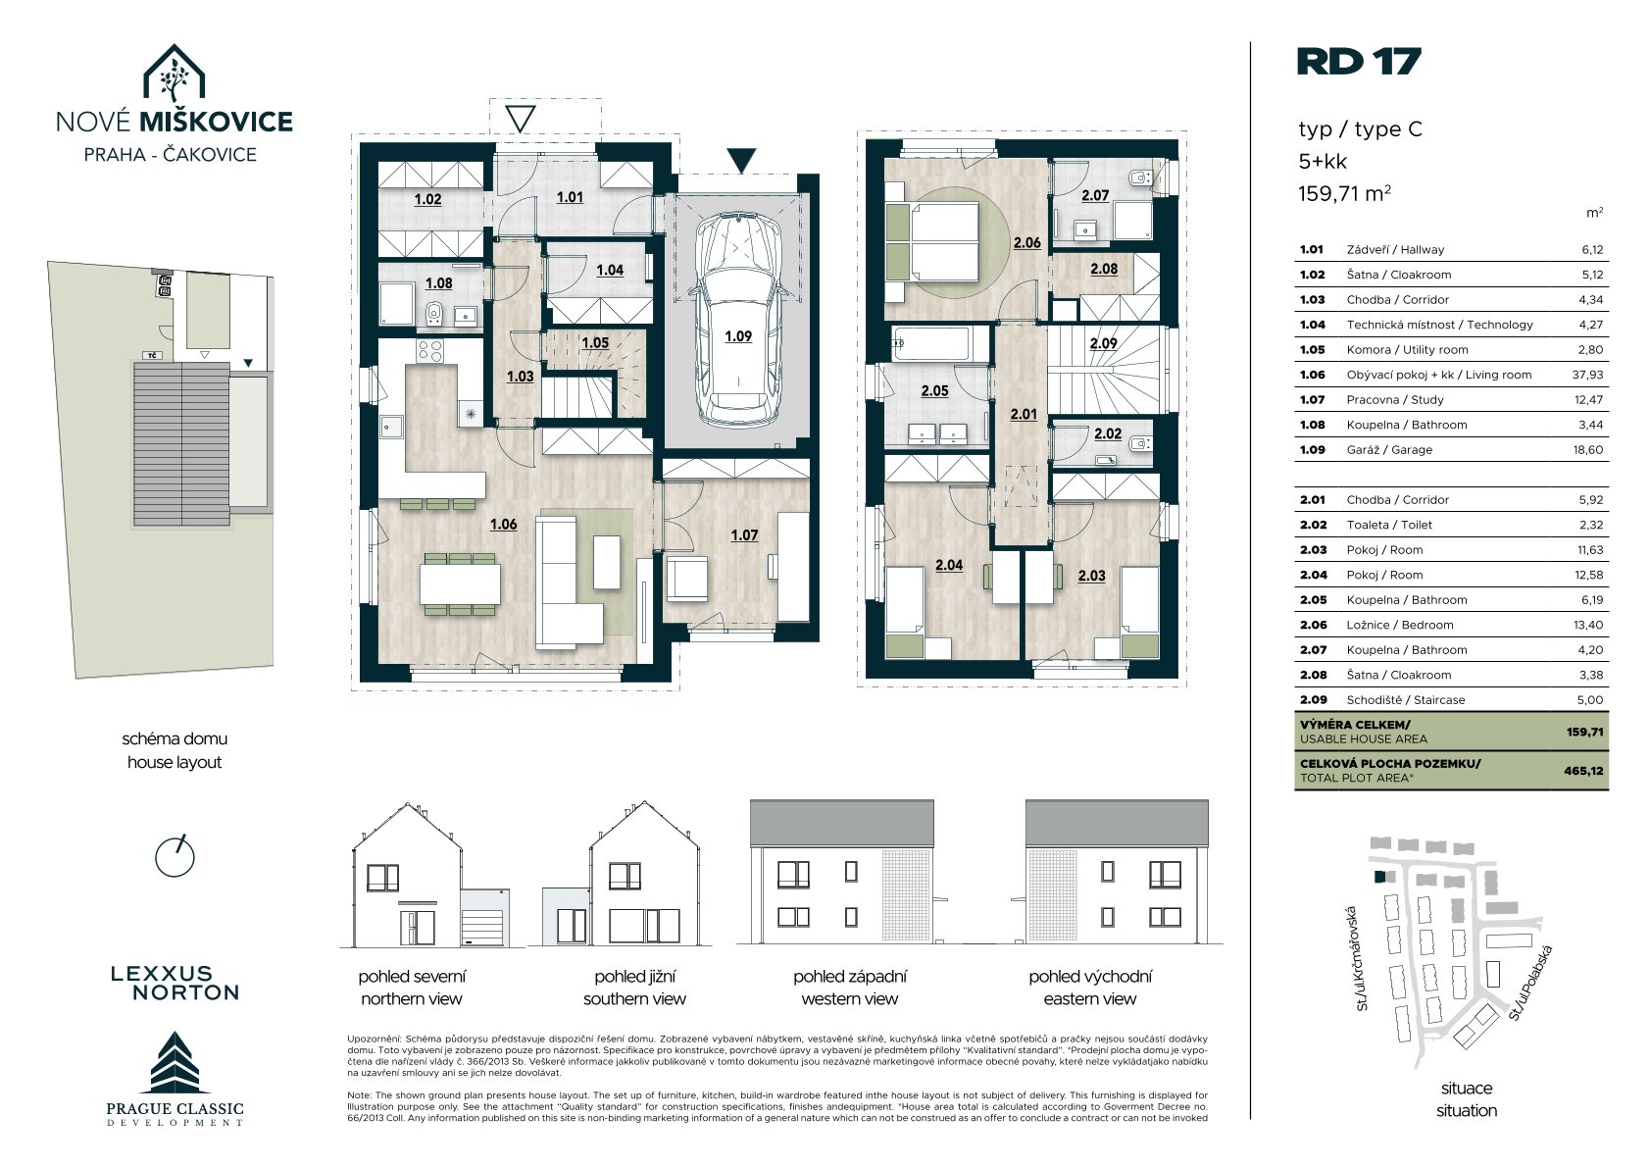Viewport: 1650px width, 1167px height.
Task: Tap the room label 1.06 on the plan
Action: coord(504,525)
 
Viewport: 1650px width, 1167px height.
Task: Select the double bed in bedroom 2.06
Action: coord(932,241)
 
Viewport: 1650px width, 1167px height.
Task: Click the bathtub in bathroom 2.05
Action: coord(929,344)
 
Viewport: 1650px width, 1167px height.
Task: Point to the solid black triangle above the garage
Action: coord(741,160)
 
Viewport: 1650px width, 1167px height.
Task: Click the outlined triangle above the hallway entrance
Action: coord(520,119)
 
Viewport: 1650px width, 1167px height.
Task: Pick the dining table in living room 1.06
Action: coord(461,583)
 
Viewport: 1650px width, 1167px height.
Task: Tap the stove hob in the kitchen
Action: coord(430,351)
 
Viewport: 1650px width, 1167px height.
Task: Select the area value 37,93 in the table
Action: coord(1587,375)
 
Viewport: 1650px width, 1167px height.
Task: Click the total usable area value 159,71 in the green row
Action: coord(1584,733)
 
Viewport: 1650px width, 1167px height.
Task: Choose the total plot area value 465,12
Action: coord(1583,772)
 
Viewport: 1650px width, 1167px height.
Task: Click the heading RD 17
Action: coord(1358,62)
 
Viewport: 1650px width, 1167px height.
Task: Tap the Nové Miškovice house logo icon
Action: coord(174,73)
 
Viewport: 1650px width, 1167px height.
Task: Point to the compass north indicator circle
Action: coord(175,856)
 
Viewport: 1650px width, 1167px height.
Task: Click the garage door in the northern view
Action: coord(482,927)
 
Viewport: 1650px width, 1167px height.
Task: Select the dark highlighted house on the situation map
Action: coord(1379,877)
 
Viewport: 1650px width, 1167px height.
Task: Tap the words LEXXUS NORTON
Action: coord(175,984)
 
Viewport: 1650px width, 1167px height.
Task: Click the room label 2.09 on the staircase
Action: coord(1104,343)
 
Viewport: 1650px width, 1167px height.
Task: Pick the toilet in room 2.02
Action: coord(1140,443)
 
